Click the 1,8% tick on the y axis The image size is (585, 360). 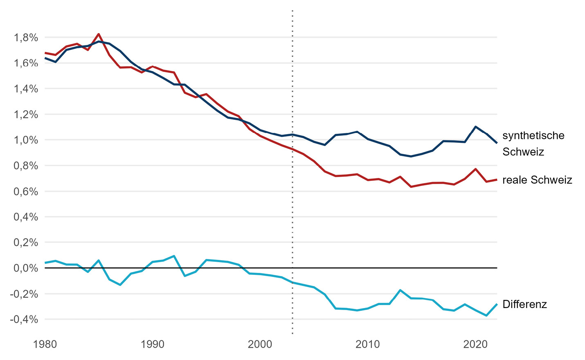tap(26, 38)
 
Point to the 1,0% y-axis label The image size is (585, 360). tap(26, 140)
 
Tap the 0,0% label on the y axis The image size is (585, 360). tap(26, 268)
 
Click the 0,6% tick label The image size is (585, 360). tap(26, 191)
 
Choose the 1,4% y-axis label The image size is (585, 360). tap(26, 89)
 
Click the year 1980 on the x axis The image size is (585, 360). tap(45, 344)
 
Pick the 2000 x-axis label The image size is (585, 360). tap(260, 344)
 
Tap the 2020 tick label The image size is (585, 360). tap(475, 344)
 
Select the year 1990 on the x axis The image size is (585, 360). tap(153, 344)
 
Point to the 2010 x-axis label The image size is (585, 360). tap(368, 344)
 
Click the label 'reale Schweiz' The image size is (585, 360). tap(537, 180)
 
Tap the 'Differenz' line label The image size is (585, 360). tap(524, 304)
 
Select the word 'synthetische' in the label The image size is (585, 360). tap(533, 135)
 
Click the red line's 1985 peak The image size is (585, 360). tap(99, 34)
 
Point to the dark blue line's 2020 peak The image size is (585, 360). tap(475, 126)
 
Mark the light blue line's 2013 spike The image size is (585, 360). tap(400, 290)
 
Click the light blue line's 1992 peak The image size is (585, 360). tap(174, 256)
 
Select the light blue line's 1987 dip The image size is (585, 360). tap(120, 285)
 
